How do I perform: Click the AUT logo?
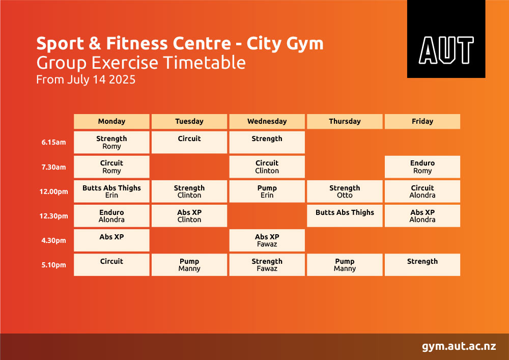pyautogui.click(x=446, y=39)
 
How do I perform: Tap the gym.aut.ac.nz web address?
pyautogui.click(x=459, y=346)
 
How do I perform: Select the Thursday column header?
pyautogui.click(x=345, y=121)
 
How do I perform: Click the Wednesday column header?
pyautogui.click(x=267, y=121)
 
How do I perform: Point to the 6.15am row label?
pyautogui.click(x=53, y=142)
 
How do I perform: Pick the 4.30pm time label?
pyautogui.click(x=53, y=240)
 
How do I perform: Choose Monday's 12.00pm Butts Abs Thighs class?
pyautogui.click(x=111, y=191)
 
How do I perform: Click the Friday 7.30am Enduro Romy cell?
pyautogui.click(x=422, y=167)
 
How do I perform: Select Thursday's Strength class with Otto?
pyautogui.click(x=345, y=191)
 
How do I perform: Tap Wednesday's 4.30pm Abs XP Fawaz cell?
pyautogui.click(x=267, y=240)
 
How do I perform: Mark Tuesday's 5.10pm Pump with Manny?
pyautogui.click(x=189, y=265)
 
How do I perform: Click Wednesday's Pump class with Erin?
pyautogui.click(x=267, y=191)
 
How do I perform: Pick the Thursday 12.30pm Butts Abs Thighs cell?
pyautogui.click(x=345, y=215)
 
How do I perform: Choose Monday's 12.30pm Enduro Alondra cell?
pyautogui.click(x=111, y=215)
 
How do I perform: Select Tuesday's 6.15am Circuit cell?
pyautogui.click(x=189, y=142)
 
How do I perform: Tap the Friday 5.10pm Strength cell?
pyautogui.click(x=422, y=265)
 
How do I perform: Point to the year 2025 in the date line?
pyautogui.click(x=122, y=79)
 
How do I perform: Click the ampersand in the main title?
pyautogui.click(x=95, y=43)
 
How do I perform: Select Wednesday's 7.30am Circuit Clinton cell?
pyautogui.click(x=267, y=167)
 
